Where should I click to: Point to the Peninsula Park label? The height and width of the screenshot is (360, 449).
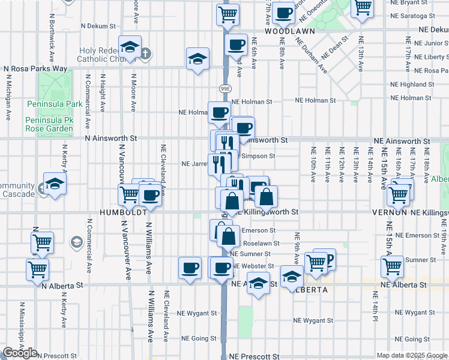(54, 104)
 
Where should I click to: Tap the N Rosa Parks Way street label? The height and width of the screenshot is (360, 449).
(35, 68)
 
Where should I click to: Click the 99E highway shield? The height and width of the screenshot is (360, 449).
(224, 88)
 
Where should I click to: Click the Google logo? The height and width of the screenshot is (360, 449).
(20, 353)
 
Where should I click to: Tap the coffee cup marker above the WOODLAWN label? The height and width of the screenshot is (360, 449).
(283, 12)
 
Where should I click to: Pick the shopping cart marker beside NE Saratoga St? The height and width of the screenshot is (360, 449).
(362, 8)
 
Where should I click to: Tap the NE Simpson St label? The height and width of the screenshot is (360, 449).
(258, 156)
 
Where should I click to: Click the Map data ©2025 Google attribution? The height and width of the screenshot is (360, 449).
(412, 355)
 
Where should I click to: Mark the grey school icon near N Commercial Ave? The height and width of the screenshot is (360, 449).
(77, 242)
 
